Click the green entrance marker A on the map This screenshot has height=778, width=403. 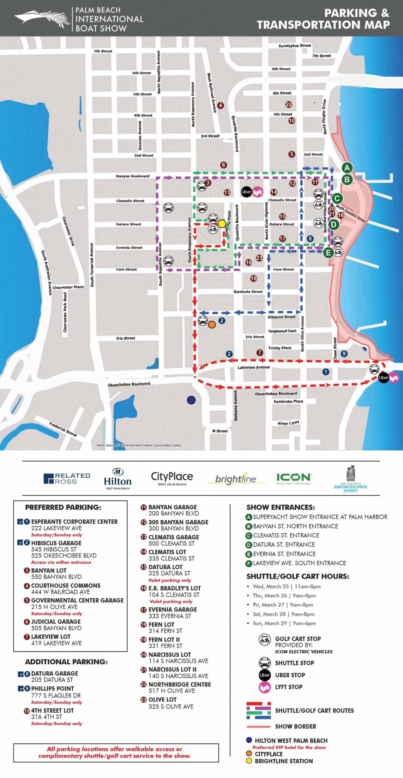[347, 168]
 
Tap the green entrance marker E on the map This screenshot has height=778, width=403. [328, 253]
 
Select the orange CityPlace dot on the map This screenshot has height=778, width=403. [212, 325]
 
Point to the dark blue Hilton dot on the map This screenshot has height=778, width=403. [191, 400]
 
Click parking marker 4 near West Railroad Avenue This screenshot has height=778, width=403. [220, 105]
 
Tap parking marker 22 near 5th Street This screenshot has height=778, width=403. [288, 105]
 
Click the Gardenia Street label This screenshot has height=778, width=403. [248, 291]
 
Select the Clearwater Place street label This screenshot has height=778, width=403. [68, 287]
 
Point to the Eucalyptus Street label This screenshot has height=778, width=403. [295, 46]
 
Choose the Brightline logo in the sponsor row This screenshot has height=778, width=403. [236, 479]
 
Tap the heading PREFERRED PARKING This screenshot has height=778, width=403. [63, 507]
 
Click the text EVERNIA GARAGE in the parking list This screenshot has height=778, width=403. [173, 609]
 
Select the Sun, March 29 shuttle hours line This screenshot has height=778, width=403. [284, 623]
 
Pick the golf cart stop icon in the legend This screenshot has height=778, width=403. [264, 640]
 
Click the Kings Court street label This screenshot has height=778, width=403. [288, 423]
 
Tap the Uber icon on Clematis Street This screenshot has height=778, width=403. [246, 192]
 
